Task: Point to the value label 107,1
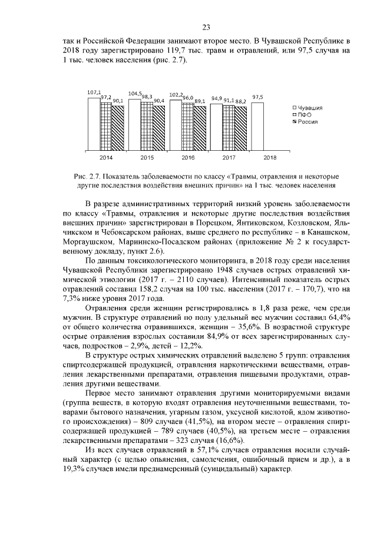(93, 93)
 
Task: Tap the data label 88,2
(241, 101)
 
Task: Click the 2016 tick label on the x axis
(187, 158)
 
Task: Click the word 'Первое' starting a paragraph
(100, 392)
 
